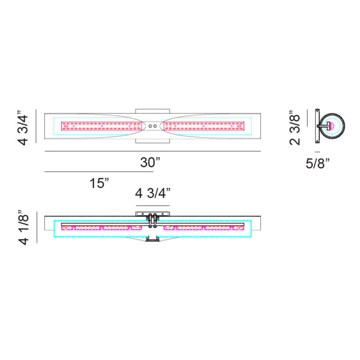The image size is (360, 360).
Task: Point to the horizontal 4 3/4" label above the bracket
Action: tap(153, 194)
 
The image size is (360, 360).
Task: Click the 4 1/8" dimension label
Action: tap(23, 227)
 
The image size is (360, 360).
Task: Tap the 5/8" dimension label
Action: tap(318, 163)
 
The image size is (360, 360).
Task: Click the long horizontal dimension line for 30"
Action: tap(153, 151)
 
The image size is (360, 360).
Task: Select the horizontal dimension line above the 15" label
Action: tap(99, 171)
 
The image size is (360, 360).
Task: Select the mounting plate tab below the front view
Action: tap(153, 141)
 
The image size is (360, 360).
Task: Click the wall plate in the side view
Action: tap(317, 126)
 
